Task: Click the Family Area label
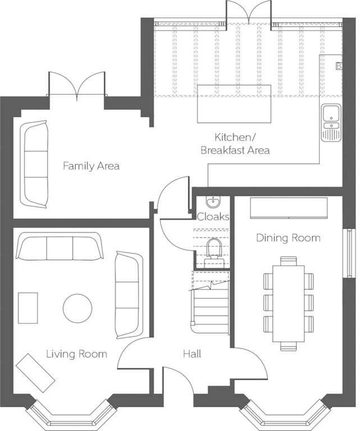(92, 166)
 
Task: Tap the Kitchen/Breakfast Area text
(235, 144)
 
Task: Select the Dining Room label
(288, 238)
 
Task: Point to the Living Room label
(76, 354)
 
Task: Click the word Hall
(192, 354)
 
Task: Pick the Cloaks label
(213, 217)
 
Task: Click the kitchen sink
(331, 122)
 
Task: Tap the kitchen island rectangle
(234, 104)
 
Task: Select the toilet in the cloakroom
(213, 253)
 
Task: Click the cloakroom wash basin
(213, 202)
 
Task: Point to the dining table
(289, 304)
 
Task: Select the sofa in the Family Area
(34, 164)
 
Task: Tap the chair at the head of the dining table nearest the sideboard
(289, 261)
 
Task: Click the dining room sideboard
(289, 208)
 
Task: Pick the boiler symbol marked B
(339, 66)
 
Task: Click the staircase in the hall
(211, 302)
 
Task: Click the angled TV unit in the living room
(35, 373)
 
